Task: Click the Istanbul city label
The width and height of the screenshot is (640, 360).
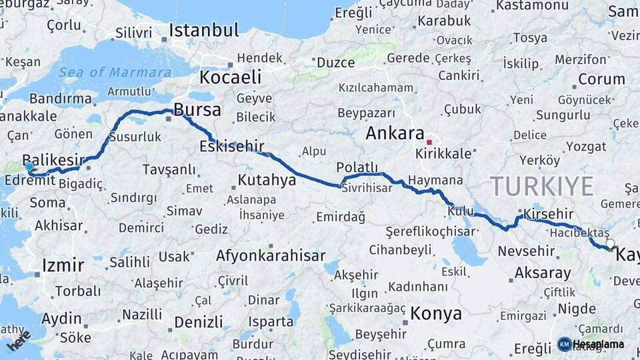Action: [x=203, y=30]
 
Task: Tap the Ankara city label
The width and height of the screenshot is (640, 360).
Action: [x=395, y=133]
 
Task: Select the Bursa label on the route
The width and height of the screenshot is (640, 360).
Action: [x=197, y=109]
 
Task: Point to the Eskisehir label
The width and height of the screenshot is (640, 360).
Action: [x=232, y=146]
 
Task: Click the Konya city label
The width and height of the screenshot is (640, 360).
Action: [x=436, y=313]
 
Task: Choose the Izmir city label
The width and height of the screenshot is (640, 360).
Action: [x=63, y=265]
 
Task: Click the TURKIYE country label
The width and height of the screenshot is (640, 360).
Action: [x=541, y=185]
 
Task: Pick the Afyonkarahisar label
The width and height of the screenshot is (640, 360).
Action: [x=271, y=255]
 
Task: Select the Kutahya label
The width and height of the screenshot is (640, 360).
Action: [x=267, y=180]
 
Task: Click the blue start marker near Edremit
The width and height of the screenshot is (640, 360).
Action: [x=29, y=167]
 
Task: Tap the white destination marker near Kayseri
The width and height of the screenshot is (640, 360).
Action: [x=610, y=244]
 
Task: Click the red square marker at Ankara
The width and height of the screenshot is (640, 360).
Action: [x=430, y=142]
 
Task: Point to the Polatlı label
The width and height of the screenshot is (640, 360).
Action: [x=357, y=167]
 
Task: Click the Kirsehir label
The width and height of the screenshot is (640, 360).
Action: [x=549, y=214]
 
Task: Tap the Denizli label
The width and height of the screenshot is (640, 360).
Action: [x=199, y=322]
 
